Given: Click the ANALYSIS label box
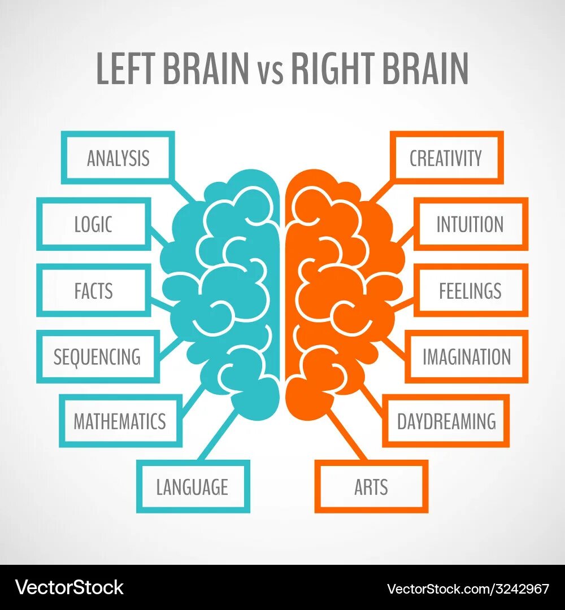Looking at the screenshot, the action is pos(118,158).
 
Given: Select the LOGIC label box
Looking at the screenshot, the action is pos(94,224).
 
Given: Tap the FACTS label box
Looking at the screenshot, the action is pos(94,290).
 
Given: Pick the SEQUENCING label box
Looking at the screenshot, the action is pos(97,356).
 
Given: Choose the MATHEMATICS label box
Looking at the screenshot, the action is pos(120,421).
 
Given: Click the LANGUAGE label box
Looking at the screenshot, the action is pos(193,486).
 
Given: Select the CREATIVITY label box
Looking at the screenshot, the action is pos(446,158).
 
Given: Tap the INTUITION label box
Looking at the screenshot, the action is pos(470,224).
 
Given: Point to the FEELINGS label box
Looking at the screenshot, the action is pos(470,290).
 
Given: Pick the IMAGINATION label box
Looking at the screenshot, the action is pos(467,356).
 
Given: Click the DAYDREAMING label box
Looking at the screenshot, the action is pos(446,421).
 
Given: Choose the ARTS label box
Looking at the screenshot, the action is pos(371,486).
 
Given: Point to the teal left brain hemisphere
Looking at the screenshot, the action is pos(226,282).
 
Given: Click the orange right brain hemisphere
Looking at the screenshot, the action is pos(339,282).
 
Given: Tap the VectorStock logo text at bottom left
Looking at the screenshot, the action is pos(69,588).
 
